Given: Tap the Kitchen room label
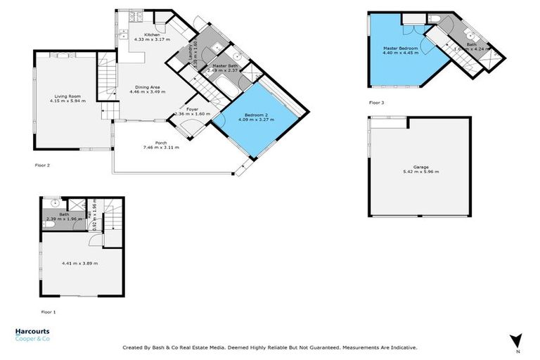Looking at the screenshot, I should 153,34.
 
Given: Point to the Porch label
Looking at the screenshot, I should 161,143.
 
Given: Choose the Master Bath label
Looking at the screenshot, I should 221,65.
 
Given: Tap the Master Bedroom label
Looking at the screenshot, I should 401,48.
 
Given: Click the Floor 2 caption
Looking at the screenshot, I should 42,165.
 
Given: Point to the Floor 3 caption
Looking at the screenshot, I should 377,103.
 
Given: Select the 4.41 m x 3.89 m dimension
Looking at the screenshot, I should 80,263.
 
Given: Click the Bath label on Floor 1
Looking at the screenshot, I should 64,214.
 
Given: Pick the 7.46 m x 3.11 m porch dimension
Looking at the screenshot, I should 161,148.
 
